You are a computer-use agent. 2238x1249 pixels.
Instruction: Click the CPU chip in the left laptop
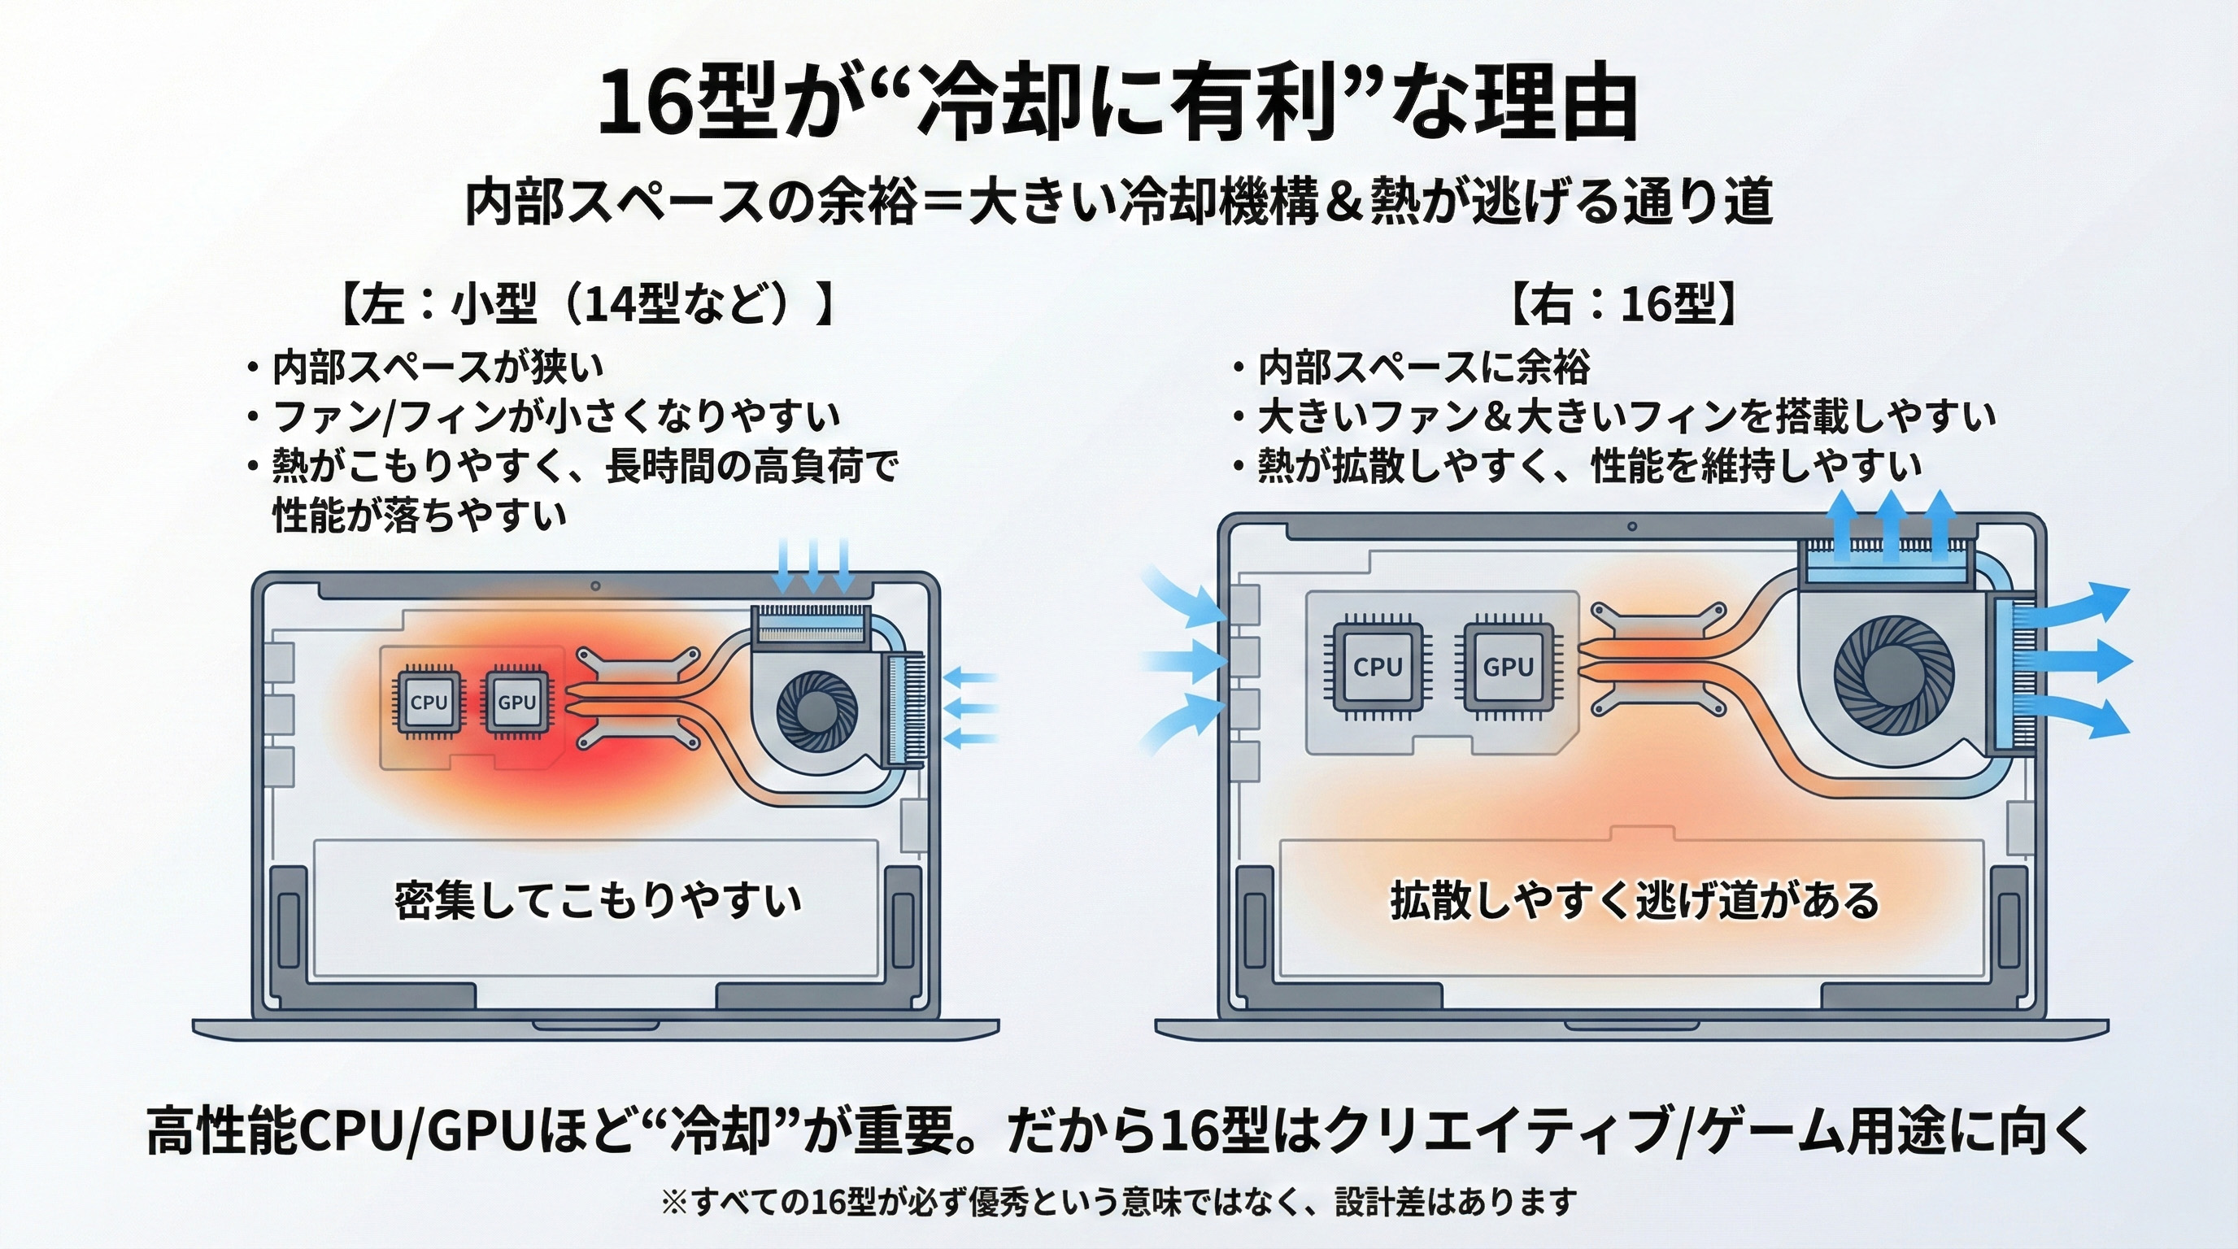429,702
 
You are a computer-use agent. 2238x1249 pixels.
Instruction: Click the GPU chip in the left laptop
517,702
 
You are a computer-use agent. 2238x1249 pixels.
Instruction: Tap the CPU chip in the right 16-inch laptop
1378,667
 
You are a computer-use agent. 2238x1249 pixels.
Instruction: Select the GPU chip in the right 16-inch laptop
1509,667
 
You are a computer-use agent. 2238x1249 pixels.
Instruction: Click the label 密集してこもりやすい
598,900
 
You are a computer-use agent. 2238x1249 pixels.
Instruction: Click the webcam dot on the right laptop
1631,526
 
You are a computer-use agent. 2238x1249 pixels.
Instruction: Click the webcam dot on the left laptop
595,586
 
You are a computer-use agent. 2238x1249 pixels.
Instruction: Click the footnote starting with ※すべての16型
1119,1202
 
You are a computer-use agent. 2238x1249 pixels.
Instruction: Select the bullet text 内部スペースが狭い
437,368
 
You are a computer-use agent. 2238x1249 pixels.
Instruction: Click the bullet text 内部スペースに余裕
1424,368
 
